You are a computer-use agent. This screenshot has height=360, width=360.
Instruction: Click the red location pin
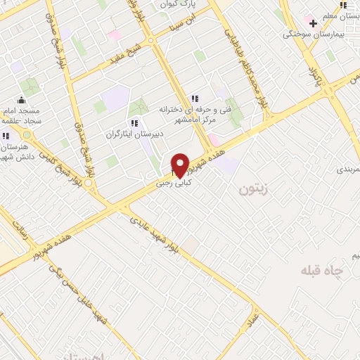coord(181,165)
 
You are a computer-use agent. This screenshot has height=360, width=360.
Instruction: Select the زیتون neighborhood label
coord(253,188)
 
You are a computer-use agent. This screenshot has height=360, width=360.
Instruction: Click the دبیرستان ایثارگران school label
coord(134,134)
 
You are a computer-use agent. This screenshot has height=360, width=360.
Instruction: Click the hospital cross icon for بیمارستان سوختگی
coord(313,23)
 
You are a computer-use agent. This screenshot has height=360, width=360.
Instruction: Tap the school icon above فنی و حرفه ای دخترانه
coord(195,98)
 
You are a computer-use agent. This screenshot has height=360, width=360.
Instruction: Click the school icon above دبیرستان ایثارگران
coord(134,123)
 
